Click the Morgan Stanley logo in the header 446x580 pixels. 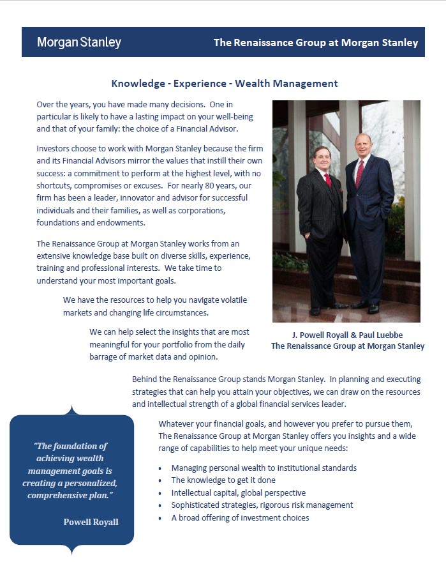(x=78, y=43)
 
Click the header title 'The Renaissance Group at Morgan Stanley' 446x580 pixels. (x=315, y=43)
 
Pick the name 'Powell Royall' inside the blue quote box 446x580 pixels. (x=91, y=522)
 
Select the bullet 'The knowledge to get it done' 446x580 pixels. (x=223, y=480)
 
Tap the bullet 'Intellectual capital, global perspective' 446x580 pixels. (x=238, y=493)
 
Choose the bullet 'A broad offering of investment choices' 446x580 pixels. (x=240, y=518)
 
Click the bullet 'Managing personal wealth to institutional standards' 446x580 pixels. (x=264, y=468)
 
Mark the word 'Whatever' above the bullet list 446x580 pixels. (x=175, y=424)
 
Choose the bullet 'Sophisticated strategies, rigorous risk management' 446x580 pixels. (x=262, y=505)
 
